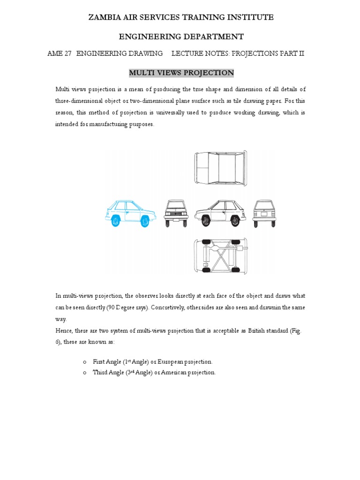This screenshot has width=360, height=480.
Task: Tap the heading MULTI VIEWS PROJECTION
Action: click(x=181, y=73)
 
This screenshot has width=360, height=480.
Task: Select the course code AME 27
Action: click(x=60, y=53)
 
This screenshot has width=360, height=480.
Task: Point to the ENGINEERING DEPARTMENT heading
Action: click(x=181, y=36)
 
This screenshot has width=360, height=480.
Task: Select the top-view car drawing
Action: click(x=220, y=167)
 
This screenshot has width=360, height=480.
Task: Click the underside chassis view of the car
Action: click(x=220, y=255)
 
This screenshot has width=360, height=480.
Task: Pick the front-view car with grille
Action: click(x=176, y=214)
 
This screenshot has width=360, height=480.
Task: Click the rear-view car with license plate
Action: click(x=264, y=214)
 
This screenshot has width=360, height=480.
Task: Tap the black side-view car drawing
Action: click(x=220, y=213)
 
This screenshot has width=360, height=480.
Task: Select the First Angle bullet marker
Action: click(x=85, y=362)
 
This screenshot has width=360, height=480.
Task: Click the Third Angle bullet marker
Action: click(x=85, y=373)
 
